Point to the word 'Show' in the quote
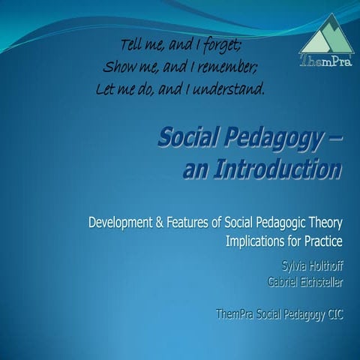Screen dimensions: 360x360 (x=118, y=65)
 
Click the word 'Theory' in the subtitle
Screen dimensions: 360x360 (x=323, y=223)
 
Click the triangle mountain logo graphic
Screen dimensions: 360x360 (x=316, y=34)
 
